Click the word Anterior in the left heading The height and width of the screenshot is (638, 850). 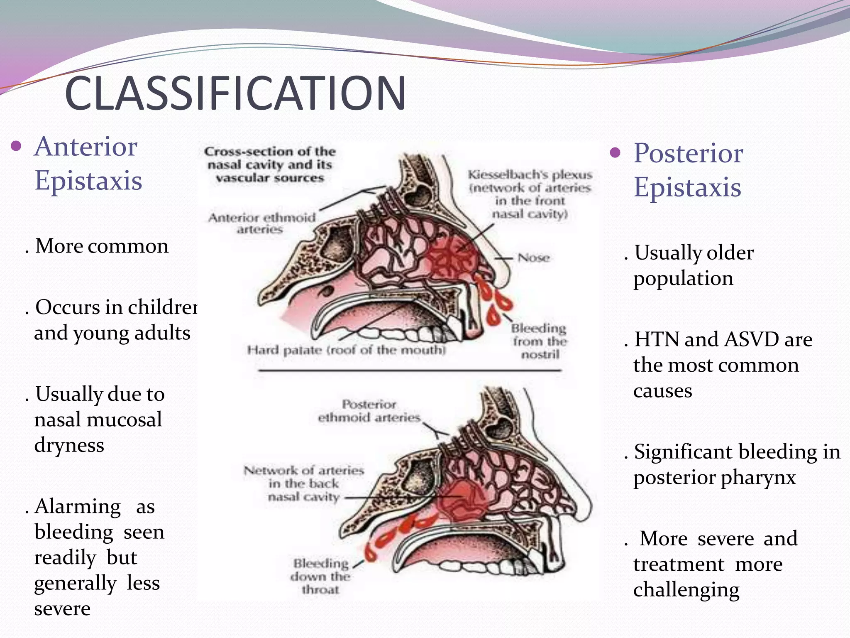(86, 147)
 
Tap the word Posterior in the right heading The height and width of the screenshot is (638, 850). (688, 154)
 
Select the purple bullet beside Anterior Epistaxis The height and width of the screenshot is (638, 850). (16, 146)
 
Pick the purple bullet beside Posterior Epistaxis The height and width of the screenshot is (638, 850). (615, 153)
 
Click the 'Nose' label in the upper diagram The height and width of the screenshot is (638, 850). (534, 258)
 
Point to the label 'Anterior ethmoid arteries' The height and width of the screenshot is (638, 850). (261, 223)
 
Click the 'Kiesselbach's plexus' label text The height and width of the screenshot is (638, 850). (530, 175)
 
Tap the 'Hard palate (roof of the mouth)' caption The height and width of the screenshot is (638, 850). (346, 350)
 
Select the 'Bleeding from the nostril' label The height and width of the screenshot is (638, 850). (539, 341)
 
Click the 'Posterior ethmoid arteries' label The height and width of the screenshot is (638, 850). (369, 411)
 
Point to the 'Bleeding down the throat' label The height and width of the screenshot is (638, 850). (320, 577)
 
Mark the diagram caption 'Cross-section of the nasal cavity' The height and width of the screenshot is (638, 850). (270, 164)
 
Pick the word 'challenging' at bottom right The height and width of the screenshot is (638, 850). (686, 590)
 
